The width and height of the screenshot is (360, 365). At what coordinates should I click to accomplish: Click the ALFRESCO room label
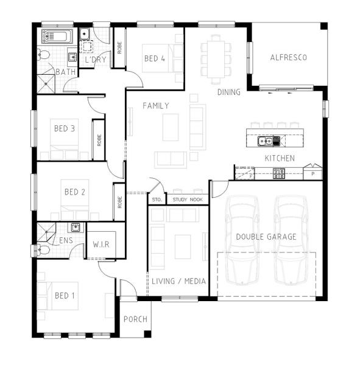coord(288,58)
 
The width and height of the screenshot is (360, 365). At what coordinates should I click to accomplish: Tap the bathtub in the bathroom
coord(57,36)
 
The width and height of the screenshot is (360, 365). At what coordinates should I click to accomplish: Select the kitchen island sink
coord(266,141)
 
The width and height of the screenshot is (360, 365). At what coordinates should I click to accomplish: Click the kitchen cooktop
coord(279,173)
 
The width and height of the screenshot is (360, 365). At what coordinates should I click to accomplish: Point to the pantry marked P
coord(312,173)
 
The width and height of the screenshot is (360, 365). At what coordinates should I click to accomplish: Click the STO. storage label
coord(157,200)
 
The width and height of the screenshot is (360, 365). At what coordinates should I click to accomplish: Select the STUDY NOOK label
coord(188,200)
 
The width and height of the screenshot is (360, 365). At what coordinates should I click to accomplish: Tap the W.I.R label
coord(101,245)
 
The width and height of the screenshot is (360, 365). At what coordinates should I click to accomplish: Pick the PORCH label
coord(135,319)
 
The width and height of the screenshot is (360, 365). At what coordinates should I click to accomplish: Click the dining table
coord(216,60)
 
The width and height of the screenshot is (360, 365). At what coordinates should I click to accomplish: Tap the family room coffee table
coord(171,127)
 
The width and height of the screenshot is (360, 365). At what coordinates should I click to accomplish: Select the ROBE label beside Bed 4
coord(119,47)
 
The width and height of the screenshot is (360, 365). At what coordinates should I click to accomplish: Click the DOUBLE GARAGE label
coord(266,237)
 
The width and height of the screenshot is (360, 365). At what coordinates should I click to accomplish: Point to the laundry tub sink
coord(84,34)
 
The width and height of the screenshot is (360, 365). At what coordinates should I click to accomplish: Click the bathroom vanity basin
coord(72,57)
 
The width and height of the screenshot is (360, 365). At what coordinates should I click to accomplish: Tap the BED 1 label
coord(65,296)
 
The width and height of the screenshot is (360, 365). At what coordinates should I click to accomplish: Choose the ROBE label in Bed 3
coord(99,140)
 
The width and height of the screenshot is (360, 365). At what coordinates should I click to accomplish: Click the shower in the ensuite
coord(46,232)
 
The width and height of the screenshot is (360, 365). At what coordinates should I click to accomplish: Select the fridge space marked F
coord(244,173)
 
